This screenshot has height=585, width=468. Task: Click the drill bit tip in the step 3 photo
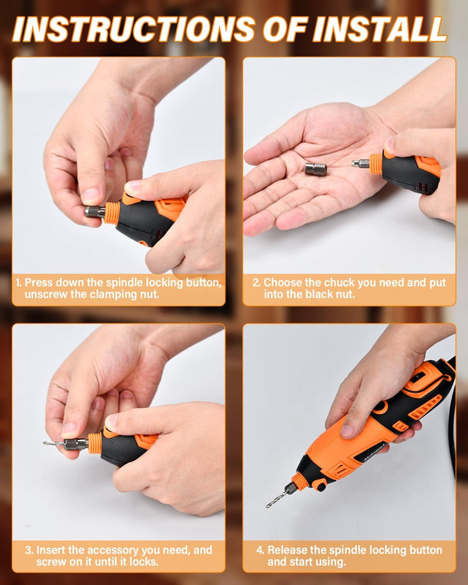[x=44, y=443]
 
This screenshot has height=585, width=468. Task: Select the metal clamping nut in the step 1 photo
[x=95, y=212]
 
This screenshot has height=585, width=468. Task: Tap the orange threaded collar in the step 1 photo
[x=112, y=213]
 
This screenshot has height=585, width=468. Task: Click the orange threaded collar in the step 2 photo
[x=376, y=164]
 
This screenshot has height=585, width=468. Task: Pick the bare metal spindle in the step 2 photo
[x=360, y=163]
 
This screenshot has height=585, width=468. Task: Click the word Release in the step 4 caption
[x=287, y=550]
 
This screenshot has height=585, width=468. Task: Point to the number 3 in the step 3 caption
[x=29, y=550]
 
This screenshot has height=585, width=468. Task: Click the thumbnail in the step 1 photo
[x=91, y=196]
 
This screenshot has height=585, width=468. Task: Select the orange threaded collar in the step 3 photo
[x=95, y=443]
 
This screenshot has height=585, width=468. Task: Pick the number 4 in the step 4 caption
[x=260, y=550]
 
